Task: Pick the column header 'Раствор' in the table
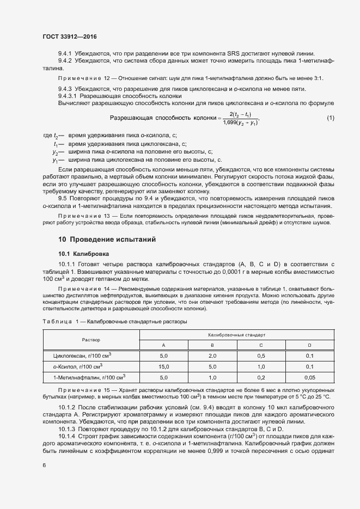pyautogui.click(x=91, y=339)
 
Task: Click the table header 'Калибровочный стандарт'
pyautogui.click(x=236, y=334)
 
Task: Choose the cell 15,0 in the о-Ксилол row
pyautogui.click(x=164, y=366)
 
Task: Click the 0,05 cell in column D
pyautogui.click(x=309, y=377)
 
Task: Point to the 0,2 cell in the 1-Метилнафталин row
pyautogui.click(x=261, y=377)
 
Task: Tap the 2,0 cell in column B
pyautogui.click(x=212, y=355)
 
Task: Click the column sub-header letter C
pyautogui.click(x=261, y=345)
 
